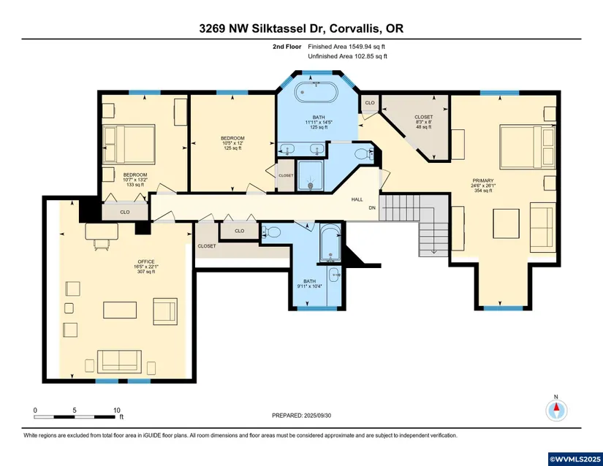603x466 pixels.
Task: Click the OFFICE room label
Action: pyautogui.click(x=145, y=261)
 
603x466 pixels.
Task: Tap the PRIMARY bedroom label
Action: pyautogui.click(x=483, y=180)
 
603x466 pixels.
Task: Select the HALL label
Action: pyautogui.click(x=357, y=199)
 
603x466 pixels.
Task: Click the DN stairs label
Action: pyautogui.click(x=372, y=208)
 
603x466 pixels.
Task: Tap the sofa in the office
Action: pyautogui.click(x=119, y=361)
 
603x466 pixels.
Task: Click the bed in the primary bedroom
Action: pyautogui.click(x=528, y=146)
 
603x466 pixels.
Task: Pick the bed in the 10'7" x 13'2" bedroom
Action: pyautogui.click(x=129, y=143)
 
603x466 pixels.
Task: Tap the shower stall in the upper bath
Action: pyautogui.click(x=310, y=175)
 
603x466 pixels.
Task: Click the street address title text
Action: pyautogui.click(x=301, y=28)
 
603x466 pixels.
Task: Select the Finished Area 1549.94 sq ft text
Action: pyautogui.click(x=346, y=47)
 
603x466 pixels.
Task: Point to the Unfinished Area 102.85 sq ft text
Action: pyautogui.click(x=347, y=56)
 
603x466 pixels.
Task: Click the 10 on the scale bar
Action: pyautogui.click(x=117, y=410)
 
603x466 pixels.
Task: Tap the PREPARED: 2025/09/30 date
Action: pyautogui.click(x=301, y=416)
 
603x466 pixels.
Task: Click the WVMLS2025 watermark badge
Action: pyautogui.click(x=575, y=459)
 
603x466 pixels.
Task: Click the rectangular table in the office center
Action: pyautogui.click(x=120, y=310)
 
